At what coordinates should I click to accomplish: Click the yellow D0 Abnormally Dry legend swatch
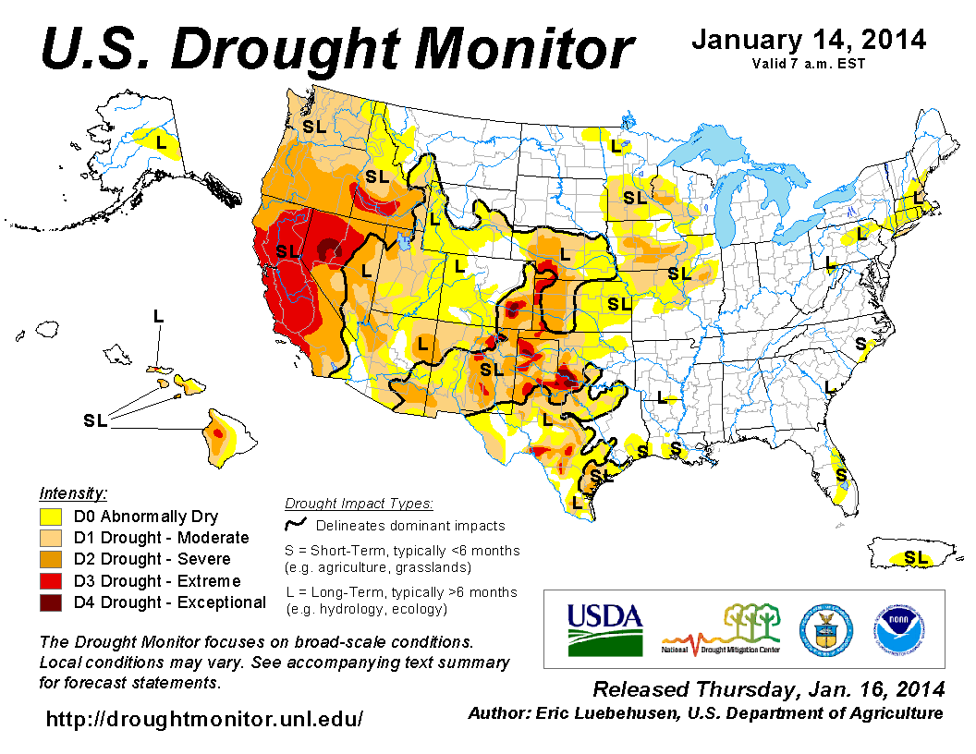tap(50, 517)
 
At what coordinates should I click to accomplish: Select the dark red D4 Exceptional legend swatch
tap(50, 602)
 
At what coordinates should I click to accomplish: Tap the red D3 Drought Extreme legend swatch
tap(50, 581)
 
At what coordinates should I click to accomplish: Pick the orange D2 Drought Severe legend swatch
tap(50, 559)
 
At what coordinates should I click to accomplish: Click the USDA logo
tap(604, 629)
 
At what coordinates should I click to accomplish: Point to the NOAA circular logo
tap(895, 629)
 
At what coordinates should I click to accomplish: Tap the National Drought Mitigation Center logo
tap(721, 629)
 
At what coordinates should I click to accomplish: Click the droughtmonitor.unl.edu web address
tap(204, 718)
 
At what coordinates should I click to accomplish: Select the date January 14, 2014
tap(809, 41)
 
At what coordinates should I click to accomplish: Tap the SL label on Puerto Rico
tap(915, 557)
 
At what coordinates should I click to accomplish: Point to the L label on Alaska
tap(161, 142)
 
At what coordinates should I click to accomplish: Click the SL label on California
tap(287, 250)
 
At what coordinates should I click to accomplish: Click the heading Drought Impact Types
tap(359, 504)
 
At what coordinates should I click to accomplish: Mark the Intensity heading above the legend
tap(74, 493)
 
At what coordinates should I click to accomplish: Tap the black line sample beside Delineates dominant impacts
tap(295, 525)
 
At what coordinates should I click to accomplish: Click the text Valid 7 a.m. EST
tap(809, 64)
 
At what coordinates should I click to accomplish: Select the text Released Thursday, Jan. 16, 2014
tap(769, 689)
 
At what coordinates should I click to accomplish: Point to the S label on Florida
tap(841, 474)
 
